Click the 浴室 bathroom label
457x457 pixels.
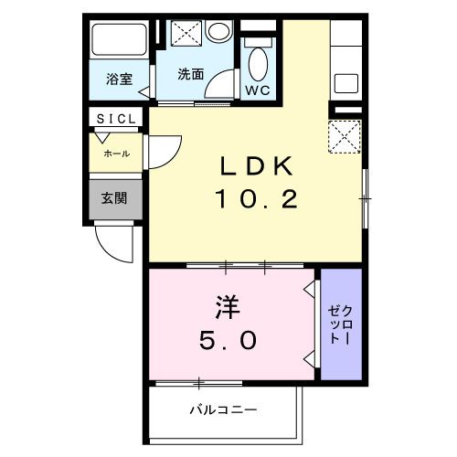click(118, 79)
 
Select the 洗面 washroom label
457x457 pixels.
click(190, 73)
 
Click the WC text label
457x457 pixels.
click(256, 90)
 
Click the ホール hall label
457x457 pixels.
click(116, 153)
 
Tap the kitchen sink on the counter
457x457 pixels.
click(348, 83)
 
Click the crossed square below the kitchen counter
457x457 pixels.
click(345, 140)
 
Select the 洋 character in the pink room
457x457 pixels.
click(228, 303)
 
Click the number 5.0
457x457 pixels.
click(228, 340)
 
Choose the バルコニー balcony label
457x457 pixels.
click(224, 409)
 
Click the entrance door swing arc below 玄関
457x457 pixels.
click(112, 246)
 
